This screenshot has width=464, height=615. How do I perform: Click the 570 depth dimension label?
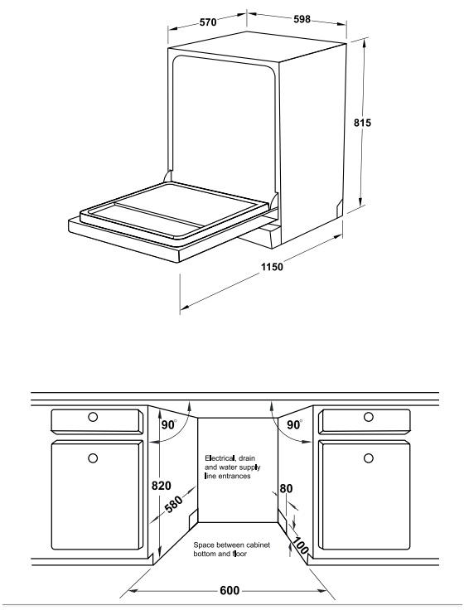[x=208, y=22]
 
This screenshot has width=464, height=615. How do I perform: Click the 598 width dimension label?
[x=302, y=19]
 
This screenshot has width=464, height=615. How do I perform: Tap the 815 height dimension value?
[x=362, y=123]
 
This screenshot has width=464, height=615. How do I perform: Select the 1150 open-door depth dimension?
[x=272, y=267]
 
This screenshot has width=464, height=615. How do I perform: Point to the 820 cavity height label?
[x=162, y=486]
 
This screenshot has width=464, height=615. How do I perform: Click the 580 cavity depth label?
[x=174, y=505]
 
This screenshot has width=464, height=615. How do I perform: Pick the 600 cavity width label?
[x=230, y=590]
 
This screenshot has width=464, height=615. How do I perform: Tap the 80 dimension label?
[x=286, y=488]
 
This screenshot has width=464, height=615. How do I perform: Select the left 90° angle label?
[x=169, y=424]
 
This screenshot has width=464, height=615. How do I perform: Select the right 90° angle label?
[x=295, y=424]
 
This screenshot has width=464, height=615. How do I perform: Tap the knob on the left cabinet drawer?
[x=93, y=417]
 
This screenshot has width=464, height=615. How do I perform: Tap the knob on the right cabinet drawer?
[x=368, y=417]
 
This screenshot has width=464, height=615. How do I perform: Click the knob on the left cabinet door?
[x=93, y=458]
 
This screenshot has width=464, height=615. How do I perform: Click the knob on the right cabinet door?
[x=368, y=458]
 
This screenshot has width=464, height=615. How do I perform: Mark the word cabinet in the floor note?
[x=258, y=545]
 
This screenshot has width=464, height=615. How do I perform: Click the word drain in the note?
[x=247, y=458]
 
